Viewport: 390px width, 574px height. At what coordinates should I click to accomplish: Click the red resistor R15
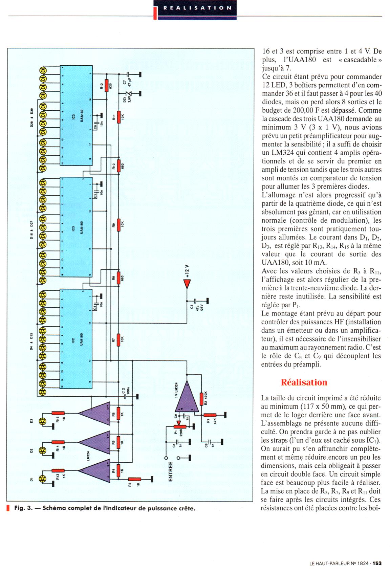click(58, 413)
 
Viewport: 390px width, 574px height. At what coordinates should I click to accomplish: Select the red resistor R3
click(135, 479)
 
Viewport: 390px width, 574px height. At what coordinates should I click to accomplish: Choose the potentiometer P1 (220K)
click(176, 428)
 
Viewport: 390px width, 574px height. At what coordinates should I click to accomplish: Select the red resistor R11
click(118, 116)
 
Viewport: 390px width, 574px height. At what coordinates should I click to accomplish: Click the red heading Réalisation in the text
click(304, 382)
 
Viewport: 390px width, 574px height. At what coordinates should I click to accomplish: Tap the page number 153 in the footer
click(377, 563)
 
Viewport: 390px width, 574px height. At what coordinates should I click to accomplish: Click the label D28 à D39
click(32, 120)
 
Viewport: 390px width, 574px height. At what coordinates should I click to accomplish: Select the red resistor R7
click(118, 340)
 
